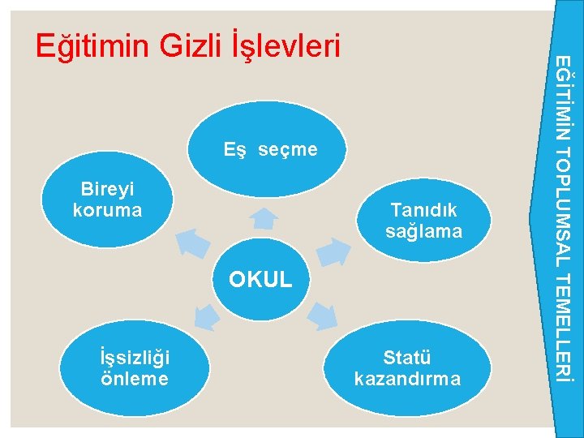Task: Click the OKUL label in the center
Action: [260, 281]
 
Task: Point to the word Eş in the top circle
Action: [235, 150]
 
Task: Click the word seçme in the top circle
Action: [289, 150]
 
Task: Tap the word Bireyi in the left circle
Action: [107, 191]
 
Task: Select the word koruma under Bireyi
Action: [107, 210]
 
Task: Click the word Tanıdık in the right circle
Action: [423, 210]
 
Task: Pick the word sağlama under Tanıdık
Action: [423, 231]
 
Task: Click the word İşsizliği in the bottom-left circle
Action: [133, 359]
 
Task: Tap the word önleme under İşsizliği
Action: [133, 379]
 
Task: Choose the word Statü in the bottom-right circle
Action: [407, 359]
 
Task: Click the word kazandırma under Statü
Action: [407, 379]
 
